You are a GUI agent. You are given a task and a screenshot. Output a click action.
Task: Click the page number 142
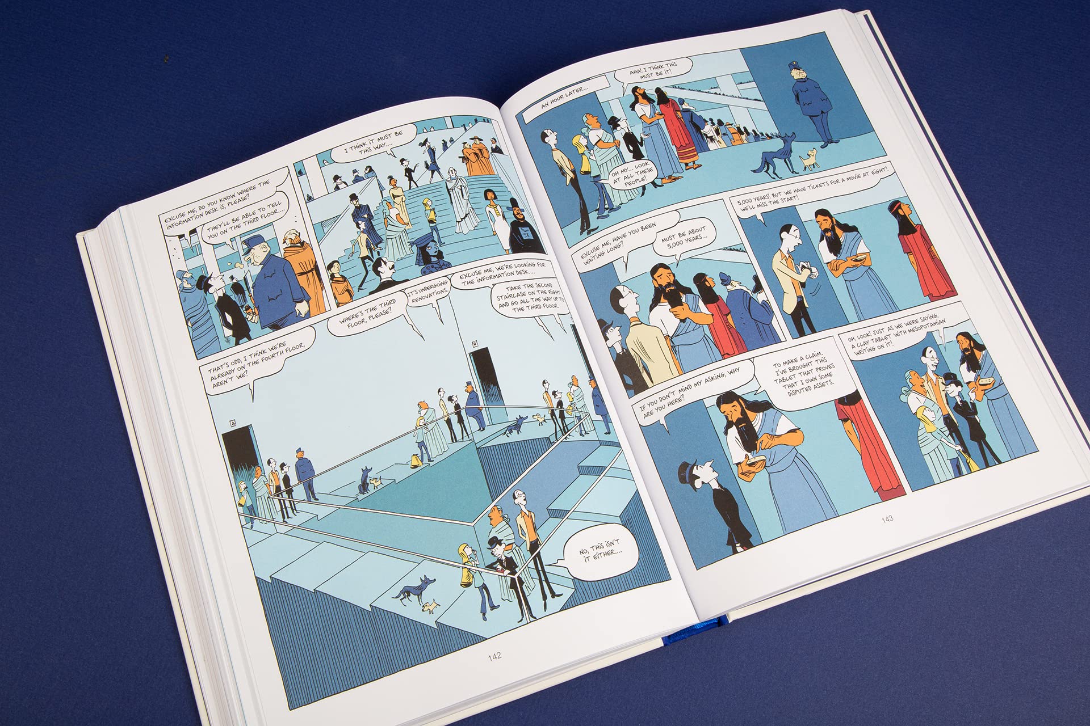(x=494, y=657)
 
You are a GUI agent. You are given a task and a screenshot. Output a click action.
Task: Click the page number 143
(x=887, y=518)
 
